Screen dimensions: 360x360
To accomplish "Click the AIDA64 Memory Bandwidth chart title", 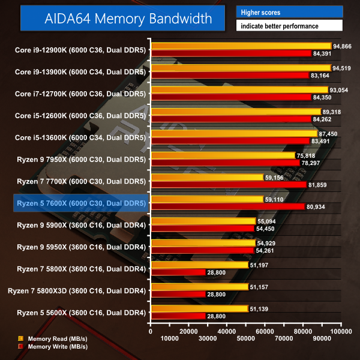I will pyautogui.click(x=128, y=19).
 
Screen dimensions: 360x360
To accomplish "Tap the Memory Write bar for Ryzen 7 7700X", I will pyautogui.click(x=229, y=184).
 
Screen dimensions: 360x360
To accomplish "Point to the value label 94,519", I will pyautogui.click(x=343, y=68).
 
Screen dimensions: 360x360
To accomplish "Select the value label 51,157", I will pyautogui.click(x=260, y=287).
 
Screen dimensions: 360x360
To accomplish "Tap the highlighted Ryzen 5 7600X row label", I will pyautogui.click(x=79, y=203).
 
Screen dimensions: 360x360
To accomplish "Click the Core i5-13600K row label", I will pyautogui.click(x=80, y=137).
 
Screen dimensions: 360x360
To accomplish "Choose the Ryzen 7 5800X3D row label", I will pyautogui.click(x=77, y=290).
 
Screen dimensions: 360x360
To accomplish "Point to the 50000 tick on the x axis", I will pyautogui.click(x=247, y=331).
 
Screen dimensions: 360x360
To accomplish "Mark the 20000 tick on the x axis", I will pyautogui.click(x=190, y=331).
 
